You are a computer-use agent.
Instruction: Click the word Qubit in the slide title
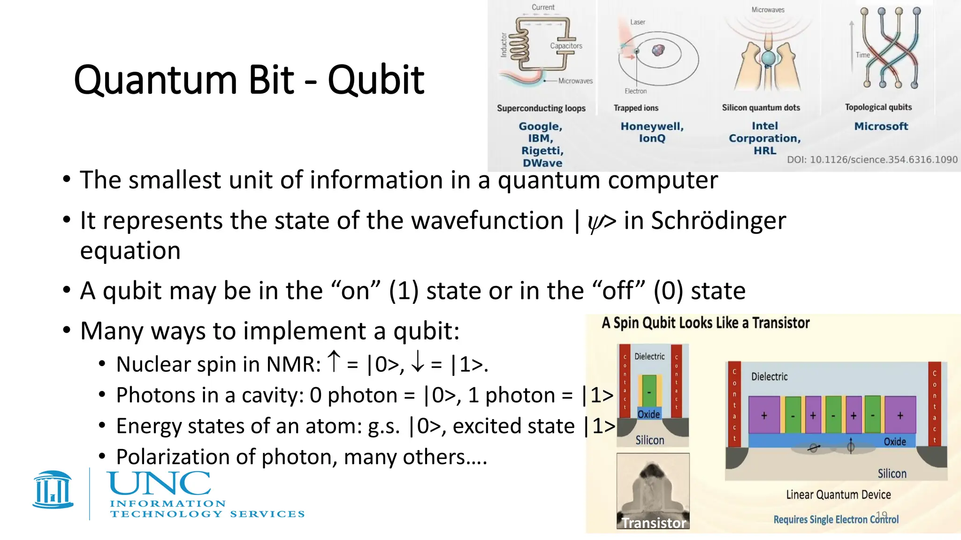(376, 80)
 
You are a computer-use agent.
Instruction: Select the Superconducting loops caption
(541, 108)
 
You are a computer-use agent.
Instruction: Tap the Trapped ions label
(636, 108)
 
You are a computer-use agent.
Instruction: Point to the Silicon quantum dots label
(761, 108)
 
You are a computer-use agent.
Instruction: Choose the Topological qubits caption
(878, 107)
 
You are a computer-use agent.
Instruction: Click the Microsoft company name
(881, 126)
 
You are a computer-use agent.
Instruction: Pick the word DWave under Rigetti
(542, 163)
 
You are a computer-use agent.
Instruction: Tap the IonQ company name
(652, 138)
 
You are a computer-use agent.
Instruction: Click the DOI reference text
(872, 160)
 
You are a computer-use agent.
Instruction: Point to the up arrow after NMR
(334, 361)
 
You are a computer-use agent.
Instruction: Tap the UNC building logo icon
(53, 490)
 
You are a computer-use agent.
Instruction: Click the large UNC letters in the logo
(160, 484)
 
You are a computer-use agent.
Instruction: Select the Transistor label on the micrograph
(654, 523)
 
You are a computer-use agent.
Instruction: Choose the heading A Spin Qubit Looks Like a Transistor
(706, 323)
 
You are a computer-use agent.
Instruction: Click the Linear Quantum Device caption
(838, 495)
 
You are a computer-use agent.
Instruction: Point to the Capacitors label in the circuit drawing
(566, 46)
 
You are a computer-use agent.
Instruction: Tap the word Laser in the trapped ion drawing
(637, 22)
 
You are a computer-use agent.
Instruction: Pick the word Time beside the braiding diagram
(862, 55)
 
